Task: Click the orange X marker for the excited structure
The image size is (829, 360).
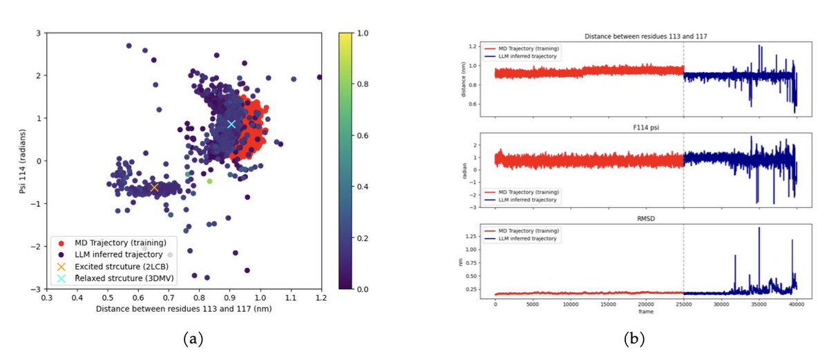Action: (154, 187)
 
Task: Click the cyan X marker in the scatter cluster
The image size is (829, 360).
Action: (231, 124)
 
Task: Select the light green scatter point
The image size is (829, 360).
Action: (209, 181)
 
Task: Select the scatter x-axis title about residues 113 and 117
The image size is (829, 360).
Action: (184, 309)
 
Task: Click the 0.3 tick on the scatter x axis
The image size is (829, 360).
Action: (46, 297)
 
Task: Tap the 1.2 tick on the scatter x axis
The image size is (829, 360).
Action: (321, 297)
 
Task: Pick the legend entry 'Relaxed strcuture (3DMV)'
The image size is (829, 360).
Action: (119, 278)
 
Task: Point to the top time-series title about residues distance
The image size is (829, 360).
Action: (645, 36)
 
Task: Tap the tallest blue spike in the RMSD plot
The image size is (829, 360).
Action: (759, 228)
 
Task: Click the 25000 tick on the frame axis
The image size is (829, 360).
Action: (683, 303)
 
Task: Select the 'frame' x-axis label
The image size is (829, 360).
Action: (645, 312)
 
